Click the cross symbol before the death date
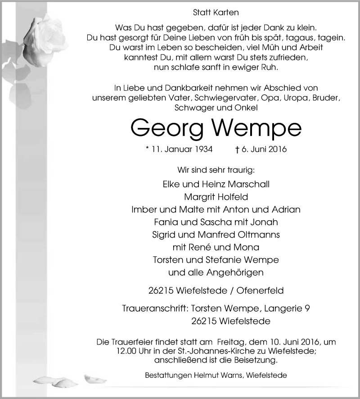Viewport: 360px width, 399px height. pos(237,150)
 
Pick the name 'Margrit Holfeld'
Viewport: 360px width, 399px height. pos(216,197)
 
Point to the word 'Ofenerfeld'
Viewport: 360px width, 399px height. pos(261,290)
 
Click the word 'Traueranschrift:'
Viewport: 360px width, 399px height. pos(155,309)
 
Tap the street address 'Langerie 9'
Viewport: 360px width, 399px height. pos(287,309)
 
